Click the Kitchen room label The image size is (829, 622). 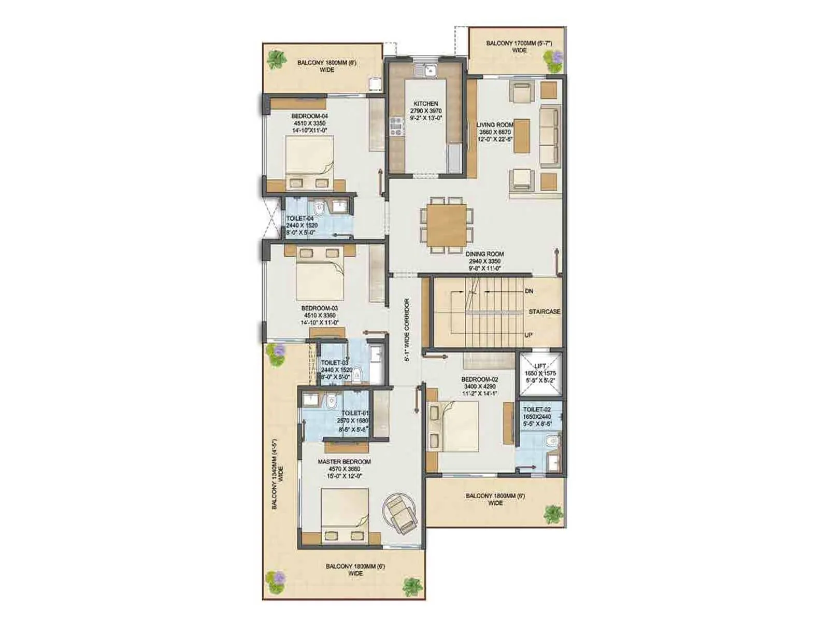coord(425,104)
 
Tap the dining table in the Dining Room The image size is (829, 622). coord(446,225)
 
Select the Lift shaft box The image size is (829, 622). coord(540,374)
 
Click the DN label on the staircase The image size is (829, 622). coord(529,291)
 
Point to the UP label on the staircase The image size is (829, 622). coord(528,335)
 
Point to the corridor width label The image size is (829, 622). coord(407,329)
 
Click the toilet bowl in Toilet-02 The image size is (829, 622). coord(552,442)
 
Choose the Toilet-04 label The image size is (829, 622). coord(299,219)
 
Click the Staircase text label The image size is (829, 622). coord(544,312)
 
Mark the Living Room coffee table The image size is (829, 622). coord(522,136)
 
